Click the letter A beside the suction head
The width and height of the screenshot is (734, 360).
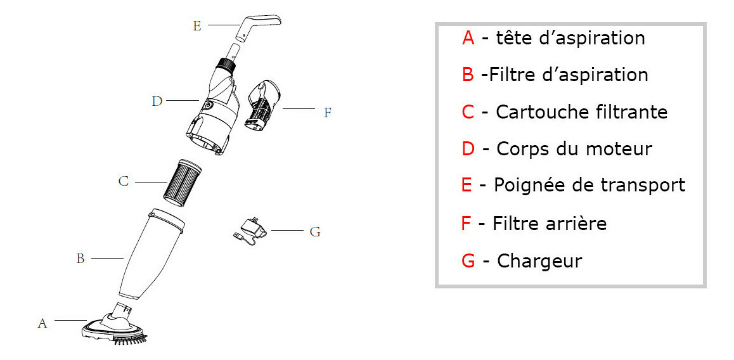[x=42, y=323]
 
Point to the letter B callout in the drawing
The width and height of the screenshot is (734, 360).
[x=80, y=259]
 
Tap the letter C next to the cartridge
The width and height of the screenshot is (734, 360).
[x=124, y=182]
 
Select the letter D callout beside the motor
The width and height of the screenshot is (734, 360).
[x=157, y=101]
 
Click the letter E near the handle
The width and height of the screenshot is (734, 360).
[x=197, y=26]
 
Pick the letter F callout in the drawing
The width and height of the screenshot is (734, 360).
[x=328, y=113]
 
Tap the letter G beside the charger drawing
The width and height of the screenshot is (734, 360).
[x=315, y=232]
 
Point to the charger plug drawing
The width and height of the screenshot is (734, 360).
[x=248, y=229]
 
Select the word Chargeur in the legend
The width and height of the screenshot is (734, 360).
[x=539, y=260]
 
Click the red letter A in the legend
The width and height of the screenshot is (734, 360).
[x=468, y=38]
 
